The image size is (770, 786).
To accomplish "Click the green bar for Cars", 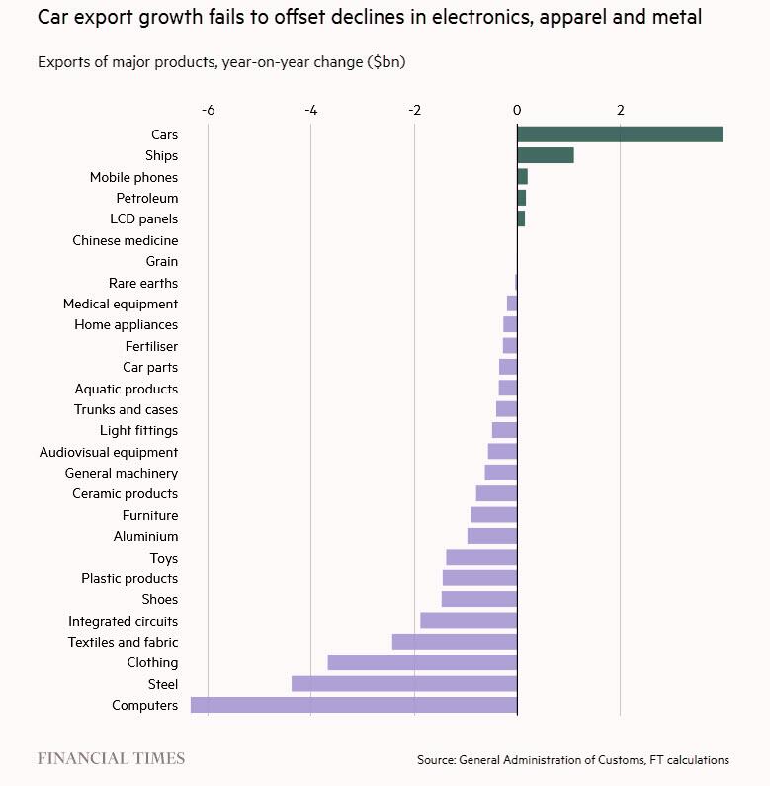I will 619,134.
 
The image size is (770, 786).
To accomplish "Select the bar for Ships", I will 545,155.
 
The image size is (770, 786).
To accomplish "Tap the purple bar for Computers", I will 354,705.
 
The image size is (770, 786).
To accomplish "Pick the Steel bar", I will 404,684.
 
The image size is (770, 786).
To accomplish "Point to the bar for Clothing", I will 422,662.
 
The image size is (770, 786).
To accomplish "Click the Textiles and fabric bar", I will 455,642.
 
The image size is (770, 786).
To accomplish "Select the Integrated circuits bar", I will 469,621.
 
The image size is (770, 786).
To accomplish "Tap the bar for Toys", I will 481,557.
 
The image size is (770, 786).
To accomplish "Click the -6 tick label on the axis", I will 208,109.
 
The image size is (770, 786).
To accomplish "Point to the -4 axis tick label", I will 310,109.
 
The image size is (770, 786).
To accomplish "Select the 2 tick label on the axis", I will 621,109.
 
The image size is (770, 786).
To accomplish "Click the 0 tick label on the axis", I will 517,109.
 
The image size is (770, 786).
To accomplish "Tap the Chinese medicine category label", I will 126,240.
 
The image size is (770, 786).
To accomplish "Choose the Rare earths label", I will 143,283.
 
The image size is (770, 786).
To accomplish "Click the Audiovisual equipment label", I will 109,452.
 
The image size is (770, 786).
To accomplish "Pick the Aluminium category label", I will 145,536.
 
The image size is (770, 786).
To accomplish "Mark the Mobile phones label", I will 133,177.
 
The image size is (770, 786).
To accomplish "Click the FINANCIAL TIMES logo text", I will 111,758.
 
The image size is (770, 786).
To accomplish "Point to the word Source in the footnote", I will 435,760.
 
